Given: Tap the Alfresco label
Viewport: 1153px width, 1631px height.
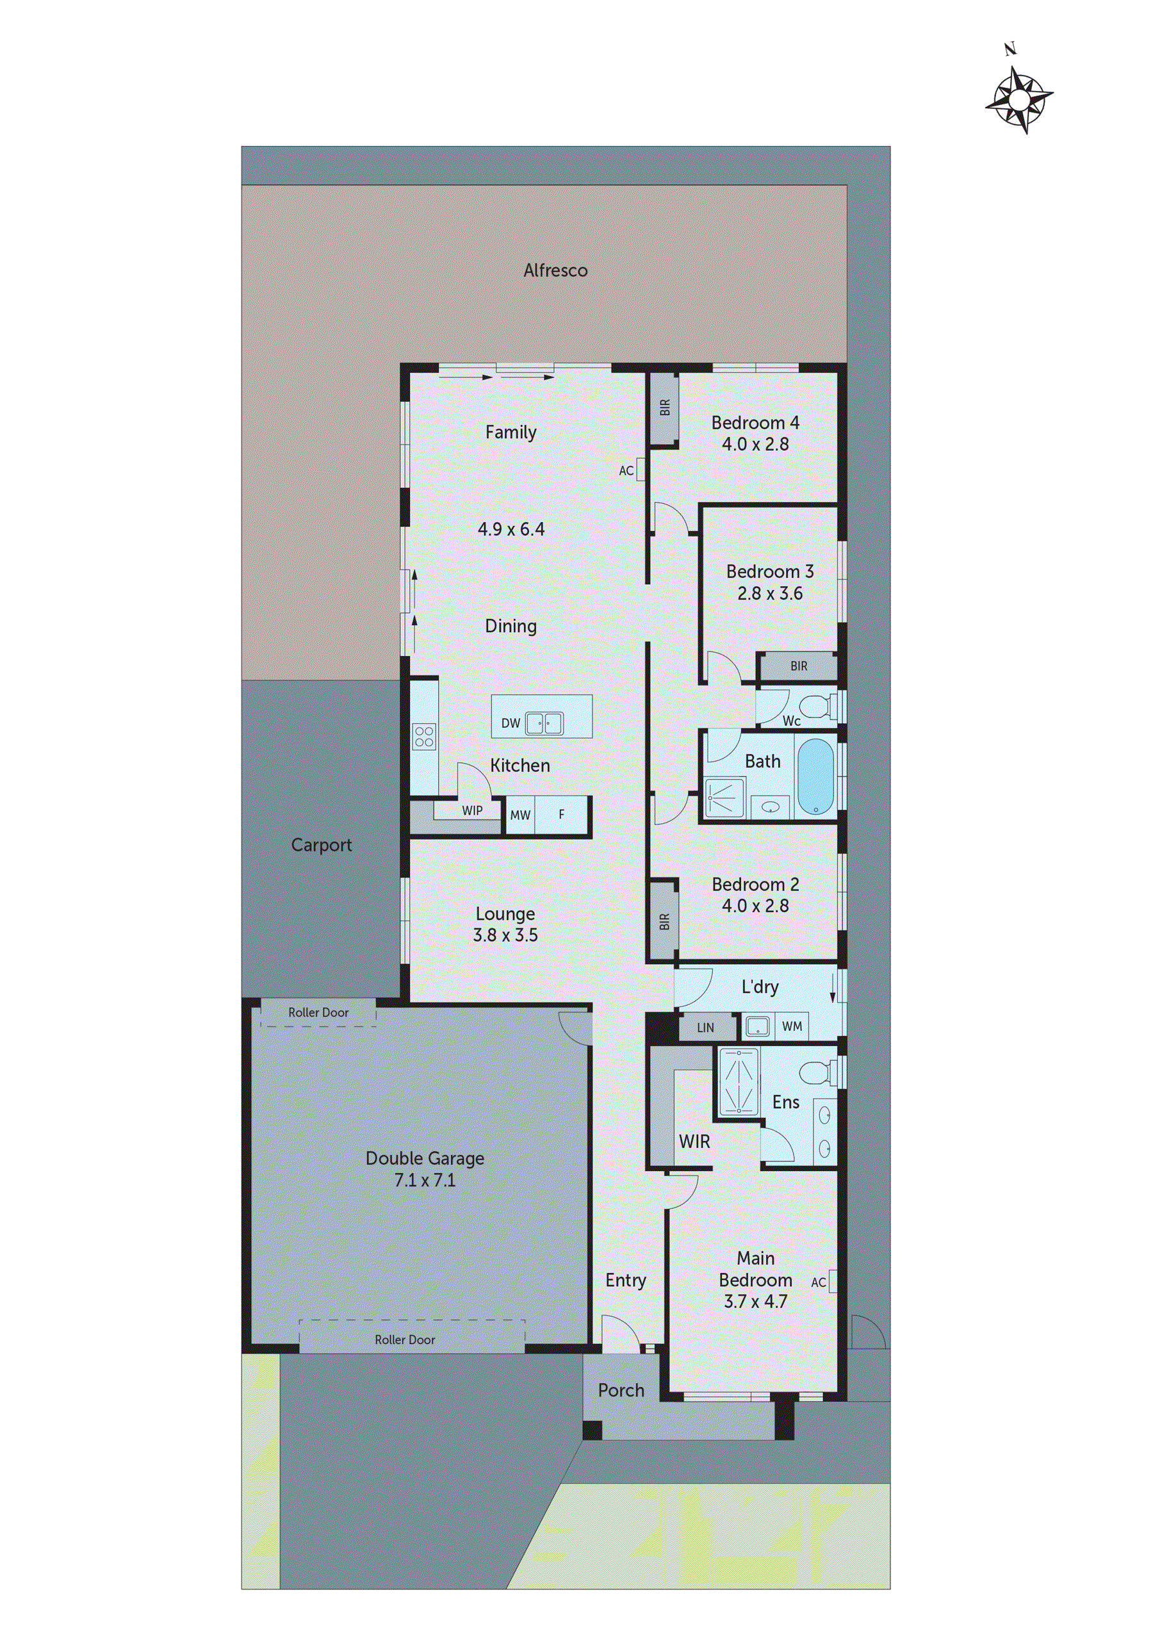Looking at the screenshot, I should click(555, 270).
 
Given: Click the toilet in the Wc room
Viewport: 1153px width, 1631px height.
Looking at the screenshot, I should click(815, 707).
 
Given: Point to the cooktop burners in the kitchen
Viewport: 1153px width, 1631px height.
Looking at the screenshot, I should click(424, 736).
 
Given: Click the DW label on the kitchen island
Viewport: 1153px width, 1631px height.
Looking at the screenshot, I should click(510, 723).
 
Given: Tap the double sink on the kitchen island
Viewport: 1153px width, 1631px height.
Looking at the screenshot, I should click(544, 723).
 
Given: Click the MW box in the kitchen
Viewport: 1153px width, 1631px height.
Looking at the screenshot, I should click(520, 815).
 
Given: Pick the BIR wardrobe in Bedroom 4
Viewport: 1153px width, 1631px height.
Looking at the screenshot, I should click(665, 407).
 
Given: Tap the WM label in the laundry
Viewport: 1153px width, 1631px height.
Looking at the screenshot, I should click(792, 1026).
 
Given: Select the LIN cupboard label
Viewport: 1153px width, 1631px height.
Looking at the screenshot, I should click(705, 1027).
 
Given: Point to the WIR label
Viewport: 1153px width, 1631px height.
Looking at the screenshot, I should click(694, 1142).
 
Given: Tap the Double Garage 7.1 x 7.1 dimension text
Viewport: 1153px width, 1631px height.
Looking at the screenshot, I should click(425, 1180).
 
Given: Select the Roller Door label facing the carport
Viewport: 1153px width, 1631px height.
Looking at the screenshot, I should click(318, 1012).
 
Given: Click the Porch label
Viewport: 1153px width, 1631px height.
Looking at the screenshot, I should click(621, 1390).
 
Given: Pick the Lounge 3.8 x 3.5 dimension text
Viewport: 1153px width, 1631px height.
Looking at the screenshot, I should click(505, 935).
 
